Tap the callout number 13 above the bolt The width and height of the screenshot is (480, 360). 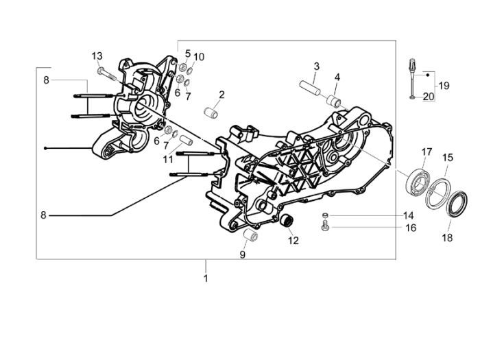point(97,56)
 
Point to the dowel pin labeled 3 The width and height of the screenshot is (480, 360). point(310,89)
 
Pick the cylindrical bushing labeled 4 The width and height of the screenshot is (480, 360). point(335,101)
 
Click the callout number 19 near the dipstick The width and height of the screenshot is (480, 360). point(444,86)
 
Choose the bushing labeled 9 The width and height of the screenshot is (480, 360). point(252,237)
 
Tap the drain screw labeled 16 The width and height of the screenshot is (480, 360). point(325,226)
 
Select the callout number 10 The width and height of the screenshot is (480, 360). point(199,56)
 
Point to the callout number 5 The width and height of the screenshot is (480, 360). point(187,53)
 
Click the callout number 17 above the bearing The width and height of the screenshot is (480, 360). point(426,152)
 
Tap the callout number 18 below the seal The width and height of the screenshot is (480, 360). point(446,238)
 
